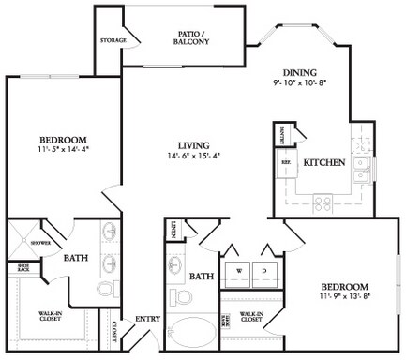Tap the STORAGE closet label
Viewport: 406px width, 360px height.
coord(113,41)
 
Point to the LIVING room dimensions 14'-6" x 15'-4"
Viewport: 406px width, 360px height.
coord(192,157)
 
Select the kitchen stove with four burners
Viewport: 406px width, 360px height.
coord(323,202)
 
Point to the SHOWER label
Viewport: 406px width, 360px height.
coord(39,241)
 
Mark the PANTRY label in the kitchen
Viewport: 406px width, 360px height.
coord(282,137)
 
